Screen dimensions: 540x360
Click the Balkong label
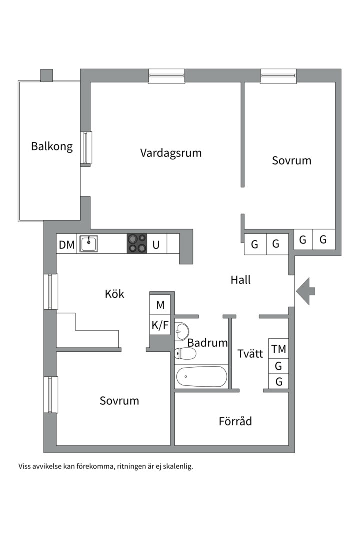click(52, 146)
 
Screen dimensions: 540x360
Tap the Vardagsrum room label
click(171, 152)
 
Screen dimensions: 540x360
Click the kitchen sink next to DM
click(89, 244)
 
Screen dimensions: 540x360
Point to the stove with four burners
click(137, 243)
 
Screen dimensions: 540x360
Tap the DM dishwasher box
click(66, 245)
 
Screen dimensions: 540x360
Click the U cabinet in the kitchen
click(156, 245)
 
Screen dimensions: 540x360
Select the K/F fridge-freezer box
click(160, 326)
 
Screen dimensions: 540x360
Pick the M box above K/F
click(160, 305)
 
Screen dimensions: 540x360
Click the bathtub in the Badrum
click(201, 376)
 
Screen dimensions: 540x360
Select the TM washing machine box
click(279, 349)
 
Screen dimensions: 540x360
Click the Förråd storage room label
click(235, 421)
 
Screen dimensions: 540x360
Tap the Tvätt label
click(250, 354)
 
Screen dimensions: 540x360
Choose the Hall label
click(241, 280)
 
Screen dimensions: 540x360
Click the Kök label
click(114, 294)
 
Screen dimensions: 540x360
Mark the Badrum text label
click(207, 343)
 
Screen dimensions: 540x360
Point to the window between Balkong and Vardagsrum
click(86, 147)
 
